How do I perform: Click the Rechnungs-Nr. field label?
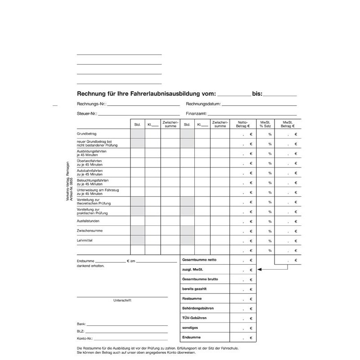(x=92, y=104)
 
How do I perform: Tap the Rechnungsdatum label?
(x=203, y=104)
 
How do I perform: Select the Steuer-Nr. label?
(x=87, y=114)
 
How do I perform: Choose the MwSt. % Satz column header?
(x=265, y=124)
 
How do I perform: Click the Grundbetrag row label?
(x=87, y=134)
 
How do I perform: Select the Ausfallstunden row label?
(x=88, y=221)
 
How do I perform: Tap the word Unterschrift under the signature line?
(x=122, y=300)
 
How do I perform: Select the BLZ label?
(x=81, y=331)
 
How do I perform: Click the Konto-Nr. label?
(x=85, y=338)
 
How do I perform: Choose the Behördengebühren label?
(x=198, y=308)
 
